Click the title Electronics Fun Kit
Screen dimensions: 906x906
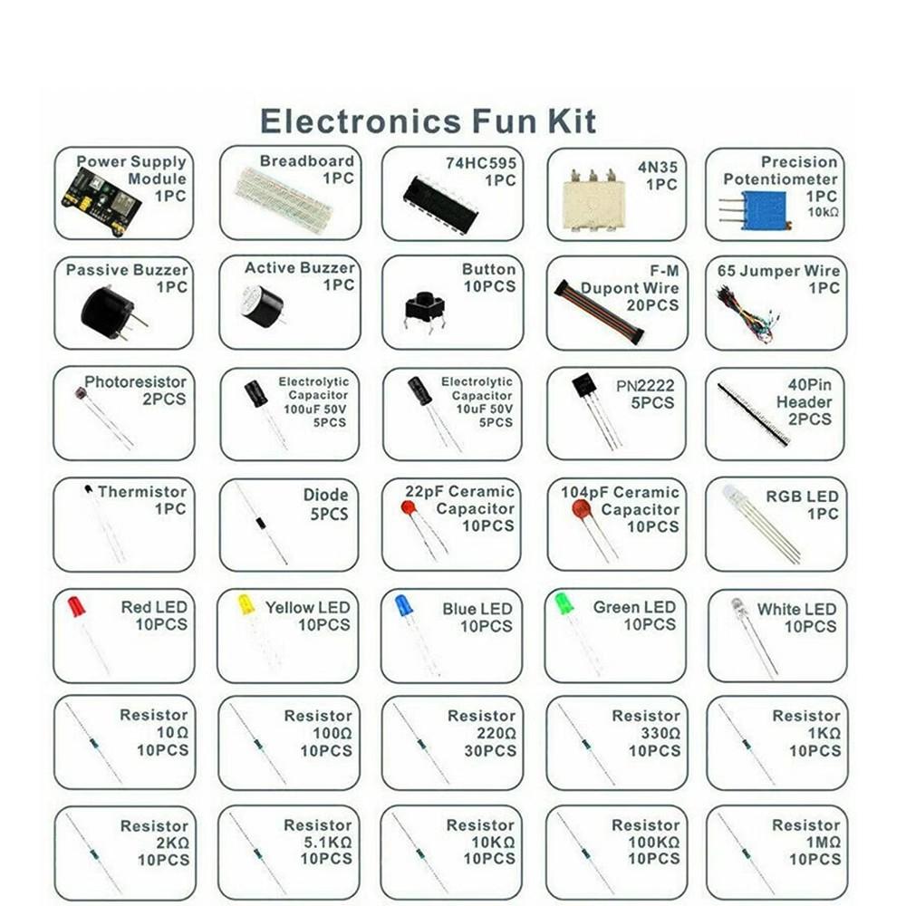click(x=428, y=120)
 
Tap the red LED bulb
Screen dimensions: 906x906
click(x=76, y=606)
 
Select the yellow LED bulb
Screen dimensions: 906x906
click(x=246, y=604)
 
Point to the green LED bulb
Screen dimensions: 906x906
click(x=564, y=603)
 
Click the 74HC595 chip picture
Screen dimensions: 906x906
click(x=440, y=204)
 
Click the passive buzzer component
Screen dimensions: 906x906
click(x=108, y=313)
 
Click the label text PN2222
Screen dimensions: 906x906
click(x=645, y=385)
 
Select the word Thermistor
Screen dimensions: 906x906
click(x=141, y=492)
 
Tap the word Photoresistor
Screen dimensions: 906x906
click(x=135, y=382)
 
